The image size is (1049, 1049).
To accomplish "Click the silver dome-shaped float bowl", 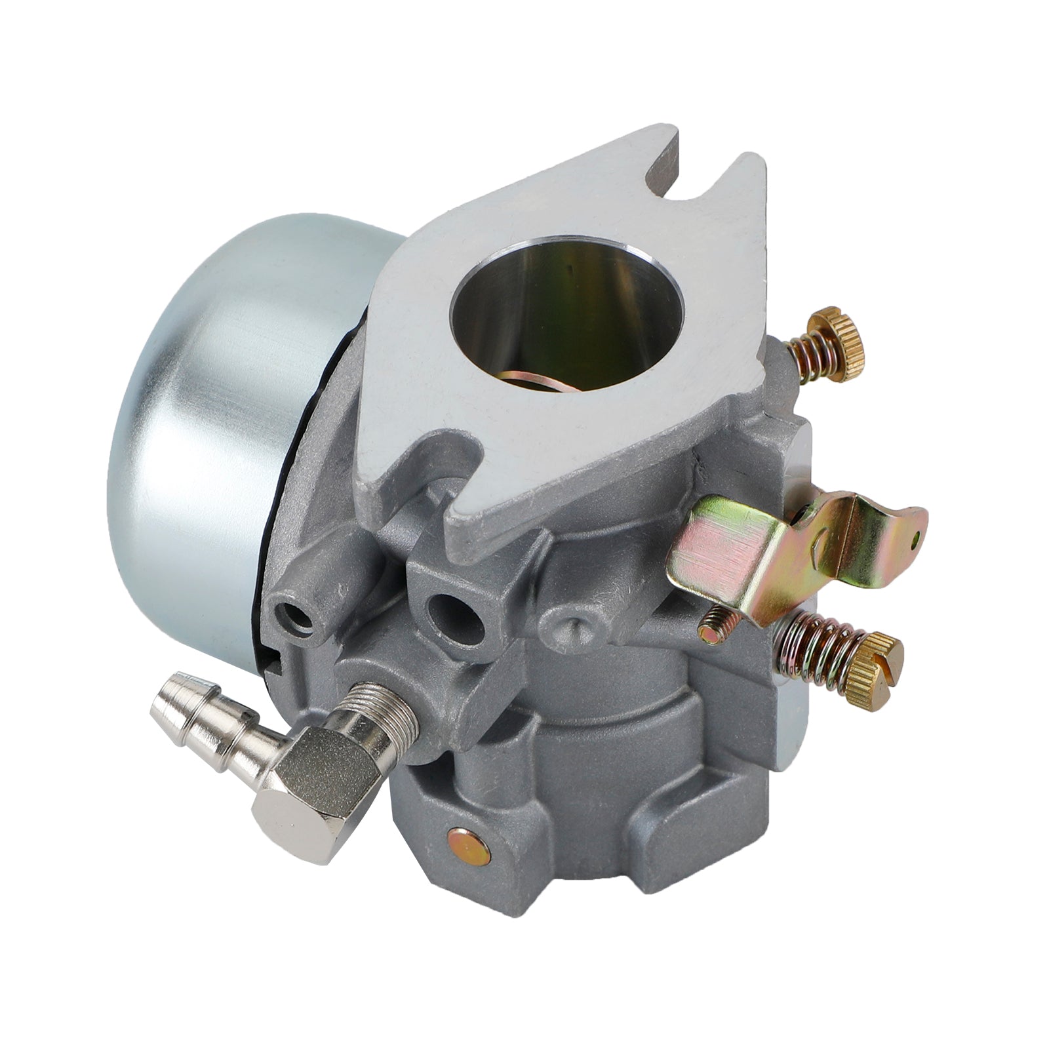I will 216,393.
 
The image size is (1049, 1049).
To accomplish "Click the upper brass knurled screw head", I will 836,341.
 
